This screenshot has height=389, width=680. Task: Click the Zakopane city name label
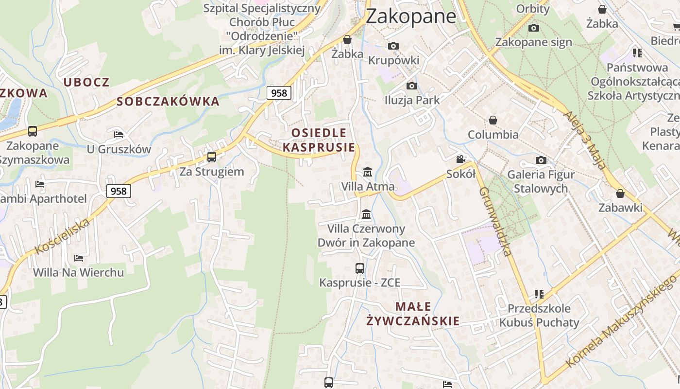pyautogui.click(x=411, y=16)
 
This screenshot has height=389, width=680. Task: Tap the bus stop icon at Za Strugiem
pyautogui.click(x=212, y=157)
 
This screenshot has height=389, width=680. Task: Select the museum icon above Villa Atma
pyautogui.click(x=368, y=172)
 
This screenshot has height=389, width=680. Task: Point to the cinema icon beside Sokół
pyautogui.click(x=460, y=159)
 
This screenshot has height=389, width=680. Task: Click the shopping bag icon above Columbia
pyautogui.click(x=493, y=120)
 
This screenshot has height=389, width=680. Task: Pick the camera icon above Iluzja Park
pyautogui.click(x=412, y=86)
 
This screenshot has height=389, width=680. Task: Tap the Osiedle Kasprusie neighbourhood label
pyautogui.click(x=319, y=140)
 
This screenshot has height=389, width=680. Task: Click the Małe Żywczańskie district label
pyautogui.click(x=413, y=314)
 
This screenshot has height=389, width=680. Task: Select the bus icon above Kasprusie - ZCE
pyautogui.click(x=360, y=268)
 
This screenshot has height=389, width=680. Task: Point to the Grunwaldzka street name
pyautogui.click(x=495, y=221)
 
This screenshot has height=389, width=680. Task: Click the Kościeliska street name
pyautogui.click(x=63, y=237)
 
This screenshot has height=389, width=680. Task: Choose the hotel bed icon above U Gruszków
pyautogui.click(x=119, y=134)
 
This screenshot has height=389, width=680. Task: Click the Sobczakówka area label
pyautogui.click(x=168, y=102)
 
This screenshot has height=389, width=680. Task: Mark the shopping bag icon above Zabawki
pyautogui.click(x=620, y=194)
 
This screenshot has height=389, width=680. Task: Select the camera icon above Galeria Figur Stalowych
pyautogui.click(x=541, y=160)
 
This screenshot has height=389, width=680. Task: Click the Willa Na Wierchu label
pyautogui.click(x=78, y=272)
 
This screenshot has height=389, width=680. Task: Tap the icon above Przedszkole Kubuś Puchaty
pyautogui.click(x=539, y=294)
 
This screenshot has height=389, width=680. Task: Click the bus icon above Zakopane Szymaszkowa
pyautogui.click(x=33, y=131)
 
